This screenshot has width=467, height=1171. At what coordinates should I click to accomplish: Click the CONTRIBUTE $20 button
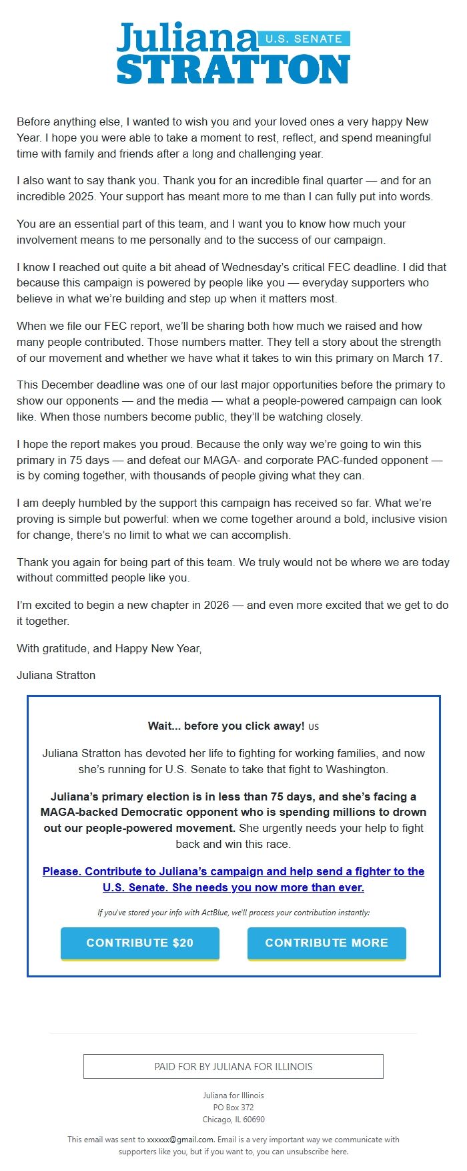coord(140,943)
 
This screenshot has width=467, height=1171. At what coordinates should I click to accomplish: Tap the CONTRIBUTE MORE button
coord(326,943)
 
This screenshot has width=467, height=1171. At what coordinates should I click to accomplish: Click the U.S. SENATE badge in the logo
coord(304,39)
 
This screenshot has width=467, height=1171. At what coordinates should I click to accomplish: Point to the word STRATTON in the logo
coord(233,69)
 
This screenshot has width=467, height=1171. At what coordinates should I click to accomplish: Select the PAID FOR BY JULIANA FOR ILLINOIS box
coord(233,1066)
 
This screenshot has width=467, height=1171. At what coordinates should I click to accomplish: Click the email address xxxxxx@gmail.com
coord(180,1140)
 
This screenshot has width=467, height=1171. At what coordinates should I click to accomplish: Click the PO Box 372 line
coord(233,1108)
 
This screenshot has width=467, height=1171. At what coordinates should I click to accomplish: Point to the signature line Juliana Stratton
coord(56,675)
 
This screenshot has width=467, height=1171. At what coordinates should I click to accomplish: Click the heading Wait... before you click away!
coord(226,726)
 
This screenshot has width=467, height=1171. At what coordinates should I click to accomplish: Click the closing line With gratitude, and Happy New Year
coord(109,648)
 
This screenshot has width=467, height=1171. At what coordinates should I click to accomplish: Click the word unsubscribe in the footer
coord(306,1152)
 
